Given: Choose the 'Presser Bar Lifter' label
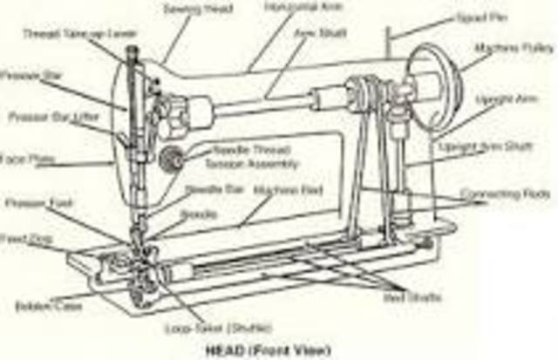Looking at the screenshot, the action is (44, 116).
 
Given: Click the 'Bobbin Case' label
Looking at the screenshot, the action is (37, 307).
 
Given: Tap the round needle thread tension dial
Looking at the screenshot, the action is (171, 158).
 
